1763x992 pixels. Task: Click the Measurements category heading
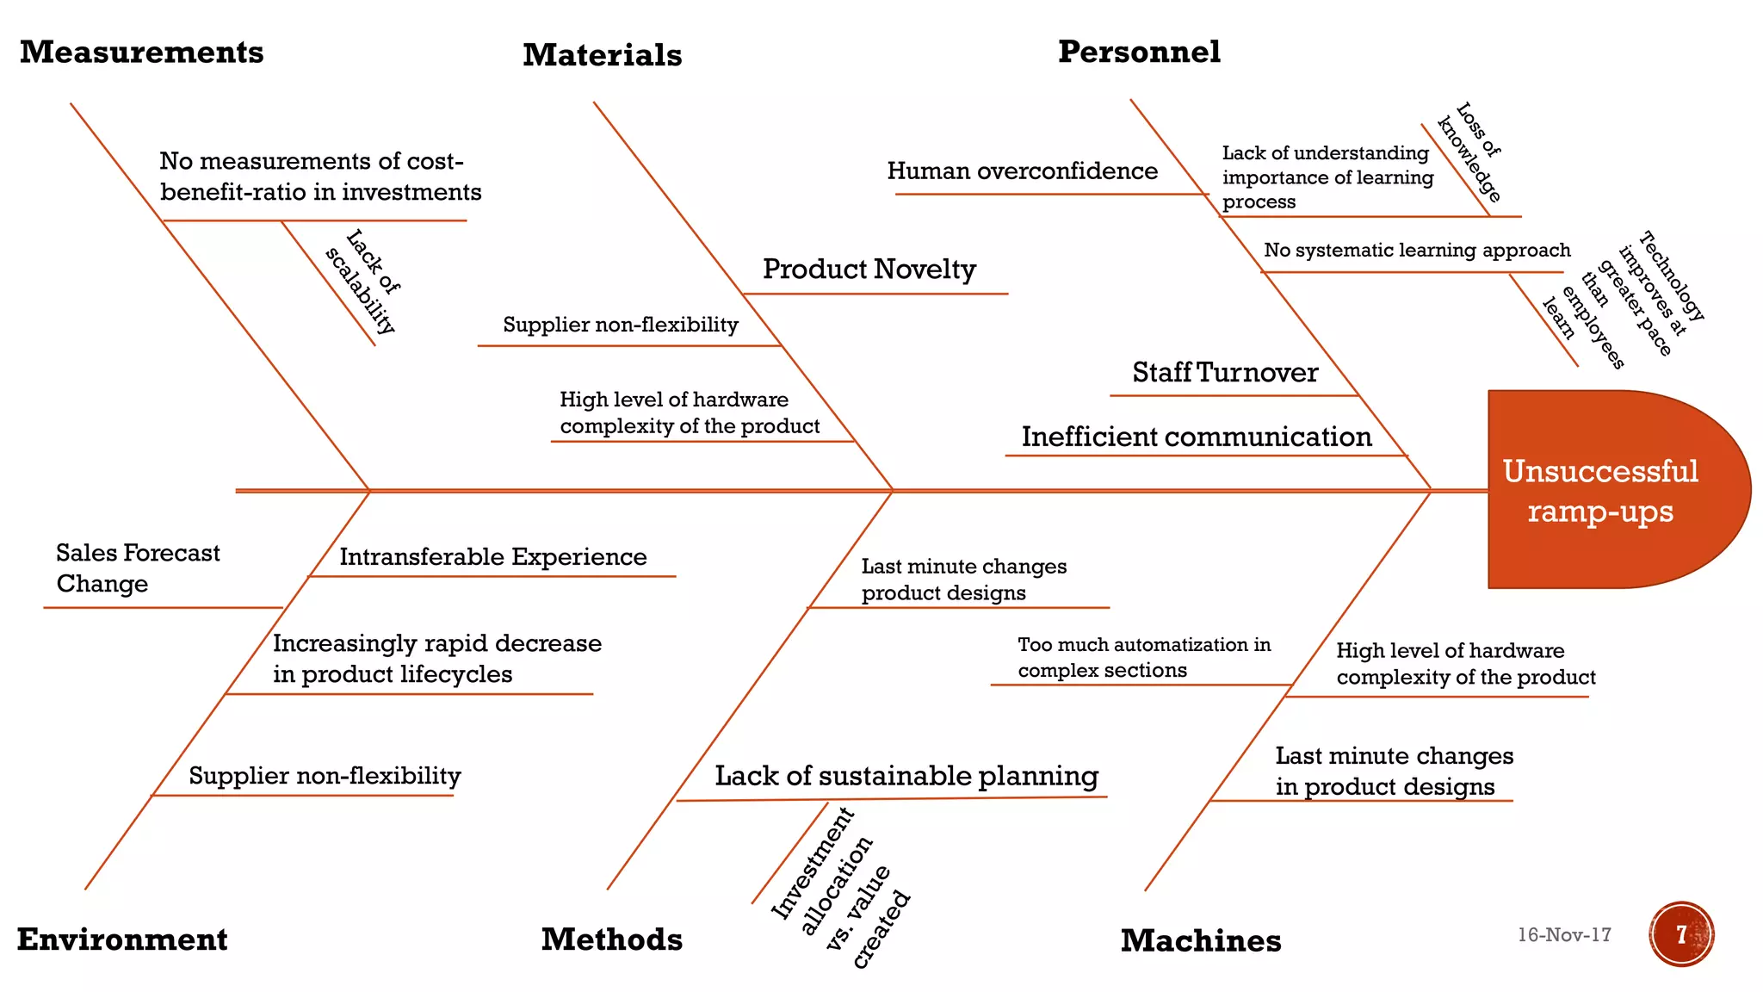tap(142, 53)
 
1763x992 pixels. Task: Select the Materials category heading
tap(602, 55)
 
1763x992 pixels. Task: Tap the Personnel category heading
tap(1139, 52)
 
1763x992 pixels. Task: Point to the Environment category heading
tap(122, 939)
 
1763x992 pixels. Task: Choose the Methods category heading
tap(611, 939)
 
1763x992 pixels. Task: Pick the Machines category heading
tap(1200, 941)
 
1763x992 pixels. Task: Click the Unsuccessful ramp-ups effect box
tap(1601, 491)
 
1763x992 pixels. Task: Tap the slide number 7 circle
tap(1681, 934)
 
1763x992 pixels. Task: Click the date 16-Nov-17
tap(1564, 935)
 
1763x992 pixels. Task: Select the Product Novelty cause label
tap(869, 270)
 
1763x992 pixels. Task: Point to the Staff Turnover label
tap(1225, 373)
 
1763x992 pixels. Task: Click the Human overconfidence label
tap(1022, 171)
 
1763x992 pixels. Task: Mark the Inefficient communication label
tap(1197, 437)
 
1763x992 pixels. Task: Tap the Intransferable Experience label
tap(493, 557)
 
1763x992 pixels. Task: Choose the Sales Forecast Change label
tap(138, 568)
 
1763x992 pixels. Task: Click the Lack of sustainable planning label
tap(906, 776)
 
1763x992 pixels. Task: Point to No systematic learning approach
tap(1417, 251)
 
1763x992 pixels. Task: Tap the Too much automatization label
tap(1144, 658)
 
